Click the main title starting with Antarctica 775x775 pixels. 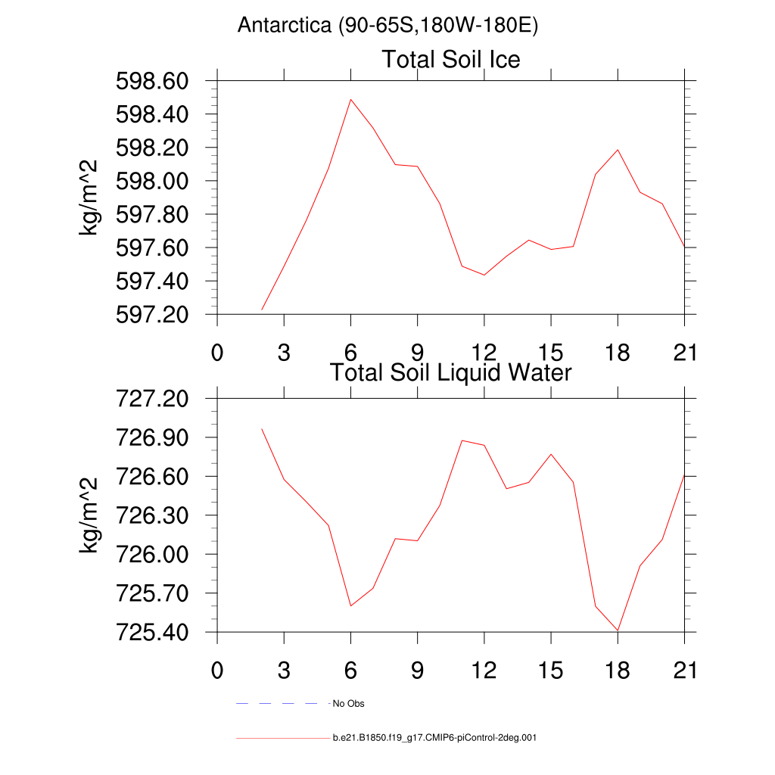(387, 26)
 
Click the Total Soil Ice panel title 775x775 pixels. (451, 59)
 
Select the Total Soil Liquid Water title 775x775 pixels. (451, 372)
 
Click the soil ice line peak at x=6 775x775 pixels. (350, 99)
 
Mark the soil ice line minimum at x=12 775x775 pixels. (484, 275)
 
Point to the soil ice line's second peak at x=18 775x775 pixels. (618, 149)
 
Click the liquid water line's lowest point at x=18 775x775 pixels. (618, 630)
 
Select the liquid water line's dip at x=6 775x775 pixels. (350, 605)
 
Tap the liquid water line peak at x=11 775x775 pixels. (462, 440)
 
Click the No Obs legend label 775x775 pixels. (348, 704)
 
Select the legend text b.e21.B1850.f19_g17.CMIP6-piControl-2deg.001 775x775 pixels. (434, 737)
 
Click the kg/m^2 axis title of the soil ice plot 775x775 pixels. (89, 198)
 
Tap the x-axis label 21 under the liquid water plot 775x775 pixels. (684, 671)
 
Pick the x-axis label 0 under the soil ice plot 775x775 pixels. (217, 353)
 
